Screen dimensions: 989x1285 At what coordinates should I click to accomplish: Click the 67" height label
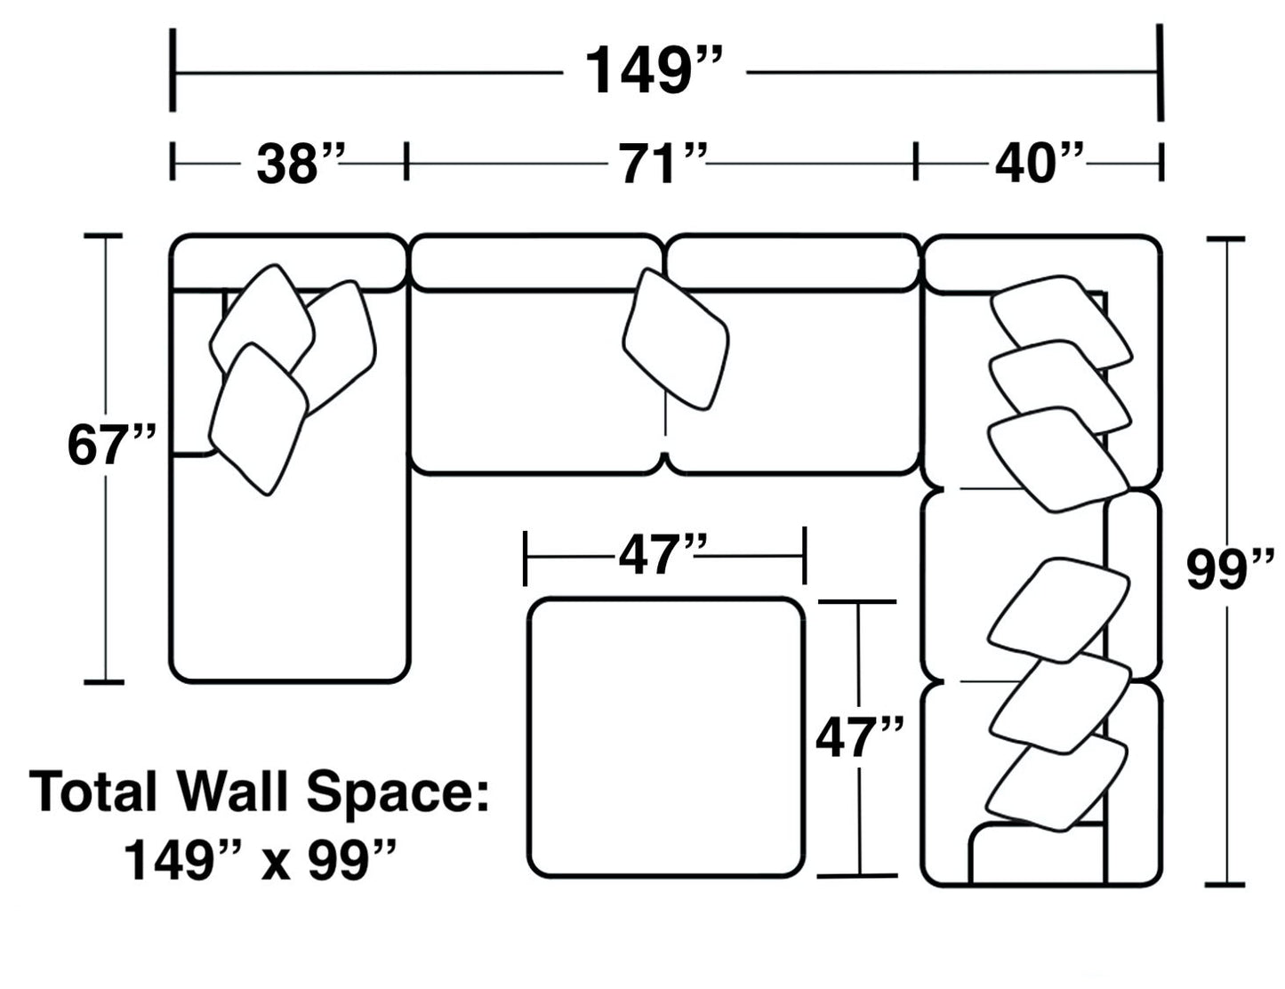112,446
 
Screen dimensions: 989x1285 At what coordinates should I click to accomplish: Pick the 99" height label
1230,570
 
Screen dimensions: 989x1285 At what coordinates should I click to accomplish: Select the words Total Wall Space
260,792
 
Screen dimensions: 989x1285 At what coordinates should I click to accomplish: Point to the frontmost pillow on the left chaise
258,418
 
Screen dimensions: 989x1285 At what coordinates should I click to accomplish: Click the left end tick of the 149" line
173,71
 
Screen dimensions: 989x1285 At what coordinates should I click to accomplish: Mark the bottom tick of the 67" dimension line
104,682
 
